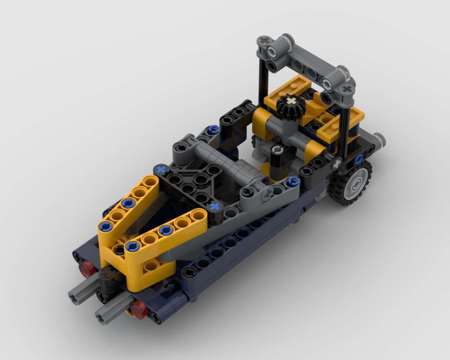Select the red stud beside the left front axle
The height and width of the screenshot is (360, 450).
tap(86, 269)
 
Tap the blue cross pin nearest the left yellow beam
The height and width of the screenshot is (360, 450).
tap(161, 170)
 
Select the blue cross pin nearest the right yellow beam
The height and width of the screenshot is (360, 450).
tap(215, 207)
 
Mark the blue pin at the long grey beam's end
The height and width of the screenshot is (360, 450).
tap(293, 181)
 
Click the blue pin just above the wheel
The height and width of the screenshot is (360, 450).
tap(359, 159)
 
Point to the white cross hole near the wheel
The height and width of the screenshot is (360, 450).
tap(336, 164)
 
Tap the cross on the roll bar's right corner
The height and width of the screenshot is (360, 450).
tap(346, 89)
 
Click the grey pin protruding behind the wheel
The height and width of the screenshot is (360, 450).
tap(379, 141)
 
